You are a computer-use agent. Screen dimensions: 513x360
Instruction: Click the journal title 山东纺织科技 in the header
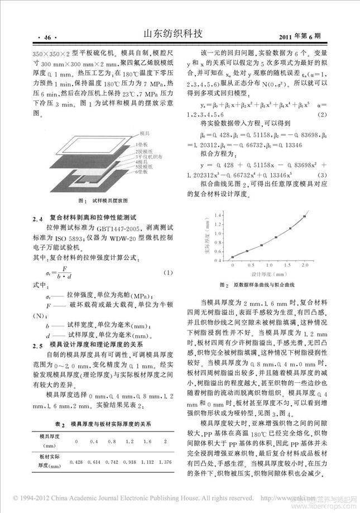tap(180, 36)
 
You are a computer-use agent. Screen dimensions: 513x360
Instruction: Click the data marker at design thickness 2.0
tap(305, 216)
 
